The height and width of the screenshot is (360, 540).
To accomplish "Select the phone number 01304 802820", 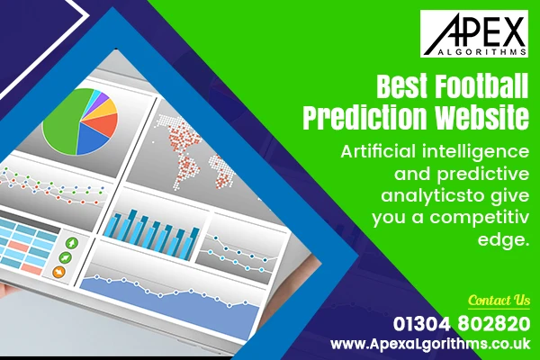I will (x=461, y=323).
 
